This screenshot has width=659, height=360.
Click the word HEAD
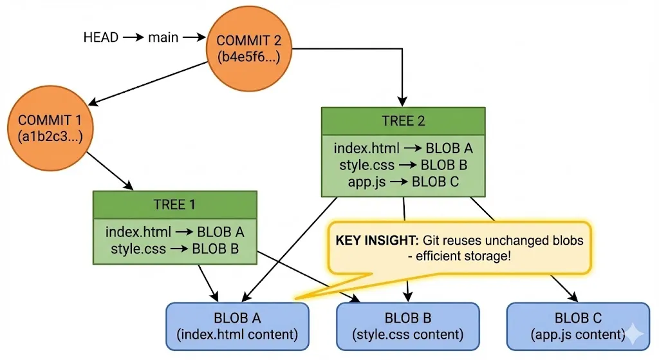tap(101, 37)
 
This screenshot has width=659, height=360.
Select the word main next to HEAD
tap(163, 37)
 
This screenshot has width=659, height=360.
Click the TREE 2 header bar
tap(403, 121)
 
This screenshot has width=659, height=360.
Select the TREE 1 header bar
tap(174, 205)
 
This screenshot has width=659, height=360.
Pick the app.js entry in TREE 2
tap(403, 182)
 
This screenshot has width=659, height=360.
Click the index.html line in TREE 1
tap(174, 232)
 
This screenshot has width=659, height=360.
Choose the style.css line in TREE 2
tap(403, 165)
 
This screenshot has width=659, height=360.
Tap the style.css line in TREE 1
tap(174, 248)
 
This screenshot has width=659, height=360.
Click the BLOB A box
tap(237, 326)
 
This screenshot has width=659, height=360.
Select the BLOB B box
tap(408, 326)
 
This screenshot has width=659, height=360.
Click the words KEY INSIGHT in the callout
tap(376, 240)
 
